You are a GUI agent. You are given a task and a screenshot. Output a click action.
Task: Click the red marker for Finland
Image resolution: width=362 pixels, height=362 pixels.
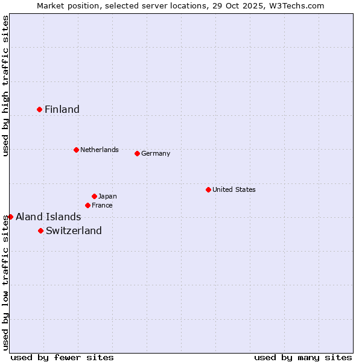pos(40,109)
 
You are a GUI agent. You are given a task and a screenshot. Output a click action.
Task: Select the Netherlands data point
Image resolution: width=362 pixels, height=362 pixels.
pos(76,150)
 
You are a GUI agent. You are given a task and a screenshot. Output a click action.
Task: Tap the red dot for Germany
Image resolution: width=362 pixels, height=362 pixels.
pos(137,153)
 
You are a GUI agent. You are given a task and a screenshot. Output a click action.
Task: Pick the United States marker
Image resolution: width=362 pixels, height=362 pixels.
pos(208,189)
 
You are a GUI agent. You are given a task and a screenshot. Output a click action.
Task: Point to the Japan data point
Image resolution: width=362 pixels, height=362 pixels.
pos(94,196)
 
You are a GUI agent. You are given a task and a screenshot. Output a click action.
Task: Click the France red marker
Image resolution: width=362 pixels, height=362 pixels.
pos(87,205)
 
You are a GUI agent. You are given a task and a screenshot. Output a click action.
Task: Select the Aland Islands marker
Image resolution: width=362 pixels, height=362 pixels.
pos(10,217)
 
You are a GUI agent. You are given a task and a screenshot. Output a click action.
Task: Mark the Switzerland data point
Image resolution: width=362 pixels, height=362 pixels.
pos(40,230)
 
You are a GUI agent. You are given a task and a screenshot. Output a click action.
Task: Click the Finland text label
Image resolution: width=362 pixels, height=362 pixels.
pos(62,109)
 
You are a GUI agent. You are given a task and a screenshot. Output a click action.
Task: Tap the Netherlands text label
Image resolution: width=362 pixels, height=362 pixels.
pos(100,150)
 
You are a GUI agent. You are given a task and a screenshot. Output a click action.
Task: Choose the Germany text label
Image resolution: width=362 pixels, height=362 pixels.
pos(156,153)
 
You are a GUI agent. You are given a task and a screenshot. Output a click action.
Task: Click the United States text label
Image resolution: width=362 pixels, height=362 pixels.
pos(234,189)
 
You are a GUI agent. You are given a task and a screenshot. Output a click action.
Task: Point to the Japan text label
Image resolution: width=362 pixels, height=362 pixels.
pos(107,196)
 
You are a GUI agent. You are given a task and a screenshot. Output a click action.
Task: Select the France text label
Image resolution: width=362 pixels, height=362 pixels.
pos(102,205)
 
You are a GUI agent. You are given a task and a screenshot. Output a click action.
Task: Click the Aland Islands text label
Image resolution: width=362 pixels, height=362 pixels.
pos(48,217)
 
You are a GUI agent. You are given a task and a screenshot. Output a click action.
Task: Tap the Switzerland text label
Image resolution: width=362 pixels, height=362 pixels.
pos(74,230)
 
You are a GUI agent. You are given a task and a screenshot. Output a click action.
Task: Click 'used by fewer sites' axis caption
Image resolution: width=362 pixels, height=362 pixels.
pos(62,357)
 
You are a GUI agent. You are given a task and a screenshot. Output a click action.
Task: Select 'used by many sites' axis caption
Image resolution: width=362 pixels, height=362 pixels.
pos(303,357)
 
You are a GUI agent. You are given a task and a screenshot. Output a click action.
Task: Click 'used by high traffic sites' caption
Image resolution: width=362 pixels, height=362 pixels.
pos(5,86)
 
